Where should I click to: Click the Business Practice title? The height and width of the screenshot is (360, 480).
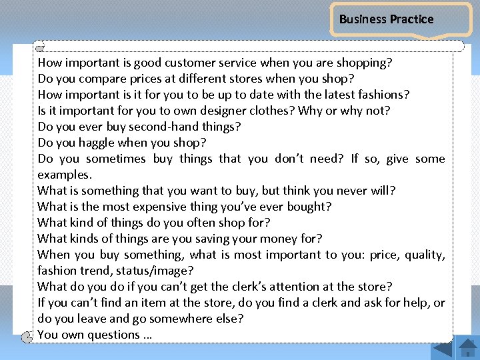click(386, 19)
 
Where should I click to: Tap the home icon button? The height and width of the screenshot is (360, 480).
click(468, 348)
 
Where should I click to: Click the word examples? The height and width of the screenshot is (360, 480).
click(65, 174)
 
